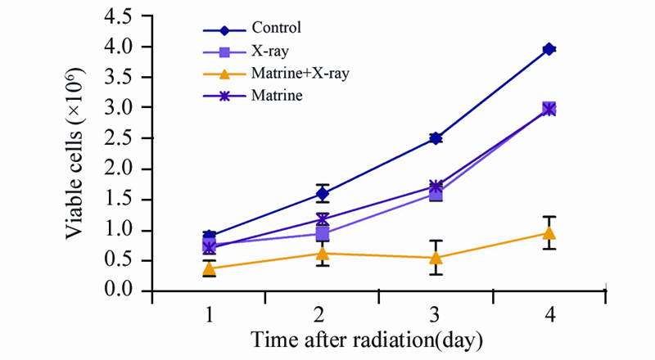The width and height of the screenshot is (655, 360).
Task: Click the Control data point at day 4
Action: (x=549, y=49)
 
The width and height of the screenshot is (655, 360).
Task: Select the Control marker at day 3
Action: (x=436, y=138)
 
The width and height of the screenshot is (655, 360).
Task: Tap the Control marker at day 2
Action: (x=323, y=194)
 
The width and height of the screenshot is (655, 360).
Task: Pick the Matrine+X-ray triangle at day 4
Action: (x=549, y=232)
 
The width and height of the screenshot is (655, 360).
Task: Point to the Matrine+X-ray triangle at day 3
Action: (x=436, y=258)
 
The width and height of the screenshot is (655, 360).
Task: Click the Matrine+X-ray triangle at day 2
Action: (x=323, y=253)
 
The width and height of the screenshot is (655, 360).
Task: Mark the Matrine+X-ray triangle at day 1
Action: (x=210, y=268)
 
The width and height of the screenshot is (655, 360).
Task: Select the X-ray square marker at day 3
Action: (x=436, y=194)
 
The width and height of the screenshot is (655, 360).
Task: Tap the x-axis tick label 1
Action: (x=210, y=315)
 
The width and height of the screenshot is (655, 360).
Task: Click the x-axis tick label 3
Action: (x=436, y=315)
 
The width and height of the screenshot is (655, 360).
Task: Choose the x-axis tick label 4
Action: (x=549, y=315)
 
